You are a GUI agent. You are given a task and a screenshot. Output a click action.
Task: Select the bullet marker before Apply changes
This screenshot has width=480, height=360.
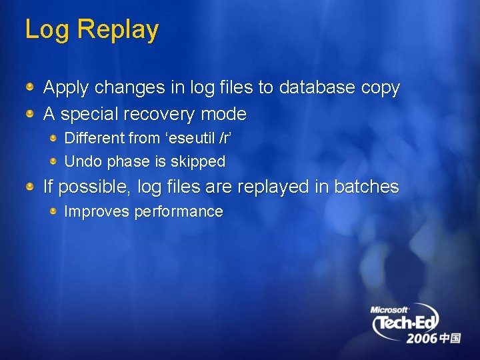31,87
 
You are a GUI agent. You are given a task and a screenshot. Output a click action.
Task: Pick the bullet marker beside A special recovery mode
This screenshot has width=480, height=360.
31,114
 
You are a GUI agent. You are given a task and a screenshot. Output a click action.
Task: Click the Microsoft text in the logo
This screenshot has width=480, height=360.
389,310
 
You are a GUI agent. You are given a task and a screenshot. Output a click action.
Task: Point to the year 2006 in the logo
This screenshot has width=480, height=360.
422,339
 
